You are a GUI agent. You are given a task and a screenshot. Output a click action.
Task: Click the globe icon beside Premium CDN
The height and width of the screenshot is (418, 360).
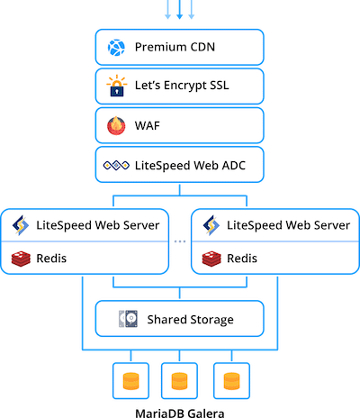point(116,48)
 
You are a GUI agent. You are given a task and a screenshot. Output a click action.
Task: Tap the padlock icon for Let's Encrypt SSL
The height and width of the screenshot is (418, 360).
point(117,86)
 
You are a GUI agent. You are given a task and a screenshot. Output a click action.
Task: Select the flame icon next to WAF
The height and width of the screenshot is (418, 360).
point(116,126)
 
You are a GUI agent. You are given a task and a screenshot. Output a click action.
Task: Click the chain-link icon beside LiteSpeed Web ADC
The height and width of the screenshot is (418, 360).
point(116,165)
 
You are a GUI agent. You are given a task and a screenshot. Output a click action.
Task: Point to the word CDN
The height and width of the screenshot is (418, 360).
point(202,47)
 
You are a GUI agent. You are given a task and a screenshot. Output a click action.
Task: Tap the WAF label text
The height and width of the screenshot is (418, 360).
point(148,125)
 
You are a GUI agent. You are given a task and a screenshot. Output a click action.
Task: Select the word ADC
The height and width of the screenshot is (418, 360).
point(233,166)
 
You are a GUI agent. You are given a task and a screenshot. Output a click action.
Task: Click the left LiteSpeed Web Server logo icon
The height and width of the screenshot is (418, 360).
point(21,225)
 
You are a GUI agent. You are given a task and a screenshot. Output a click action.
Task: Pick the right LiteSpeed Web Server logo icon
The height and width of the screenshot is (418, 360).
point(211,225)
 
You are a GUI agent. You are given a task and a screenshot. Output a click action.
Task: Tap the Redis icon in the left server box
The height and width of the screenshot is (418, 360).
point(21,259)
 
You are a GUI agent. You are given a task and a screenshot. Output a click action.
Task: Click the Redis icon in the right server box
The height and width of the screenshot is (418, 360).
point(211,259)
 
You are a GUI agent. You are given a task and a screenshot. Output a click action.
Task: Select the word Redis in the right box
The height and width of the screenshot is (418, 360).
point(242,259)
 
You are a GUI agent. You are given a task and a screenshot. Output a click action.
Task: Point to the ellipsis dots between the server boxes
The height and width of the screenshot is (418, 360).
point(180,241)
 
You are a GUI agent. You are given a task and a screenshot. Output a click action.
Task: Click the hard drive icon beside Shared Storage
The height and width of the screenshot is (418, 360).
point(128,319)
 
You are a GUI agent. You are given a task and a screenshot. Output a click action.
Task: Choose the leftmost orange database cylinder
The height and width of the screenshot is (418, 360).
point(130,381)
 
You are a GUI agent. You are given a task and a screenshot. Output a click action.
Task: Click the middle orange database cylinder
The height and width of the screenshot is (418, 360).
point(179,381)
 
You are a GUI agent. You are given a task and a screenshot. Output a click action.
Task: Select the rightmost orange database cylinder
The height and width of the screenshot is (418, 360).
point(231,381)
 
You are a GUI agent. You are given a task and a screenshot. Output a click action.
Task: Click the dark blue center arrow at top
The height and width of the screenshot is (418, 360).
point(179,10)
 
